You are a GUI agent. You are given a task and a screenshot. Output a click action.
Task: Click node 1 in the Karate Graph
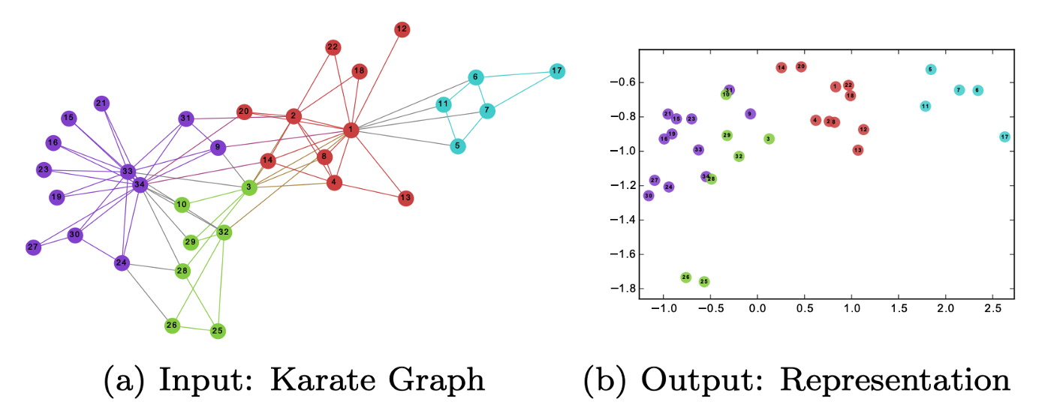[351, 130]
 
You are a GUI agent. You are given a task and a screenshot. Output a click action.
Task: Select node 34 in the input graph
[140, 184]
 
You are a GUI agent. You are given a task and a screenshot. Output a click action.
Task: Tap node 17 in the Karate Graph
[556, 71]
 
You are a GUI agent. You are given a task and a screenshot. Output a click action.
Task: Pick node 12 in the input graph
[402, 29]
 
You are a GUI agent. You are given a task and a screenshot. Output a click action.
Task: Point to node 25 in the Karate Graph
[218, 330]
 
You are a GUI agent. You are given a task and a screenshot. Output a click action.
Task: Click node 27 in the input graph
[33, 247]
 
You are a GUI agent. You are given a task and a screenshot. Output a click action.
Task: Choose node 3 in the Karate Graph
[248, 187]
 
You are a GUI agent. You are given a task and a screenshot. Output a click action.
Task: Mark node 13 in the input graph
[405, 198]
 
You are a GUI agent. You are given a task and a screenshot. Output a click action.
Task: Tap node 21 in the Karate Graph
[101, 103]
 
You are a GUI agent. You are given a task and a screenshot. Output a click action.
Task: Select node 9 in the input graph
[218, 147]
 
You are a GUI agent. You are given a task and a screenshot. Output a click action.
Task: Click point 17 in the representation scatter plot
[1004, 137]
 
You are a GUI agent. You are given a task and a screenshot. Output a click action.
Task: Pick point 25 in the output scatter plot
[704, 282]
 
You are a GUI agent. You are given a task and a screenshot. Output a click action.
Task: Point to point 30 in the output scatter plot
[649, 196]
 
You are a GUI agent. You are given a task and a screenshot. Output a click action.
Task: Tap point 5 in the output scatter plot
[931, 70]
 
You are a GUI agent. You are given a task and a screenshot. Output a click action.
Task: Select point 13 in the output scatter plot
[858, 150]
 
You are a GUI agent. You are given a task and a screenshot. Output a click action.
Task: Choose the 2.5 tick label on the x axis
[992, 307]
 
